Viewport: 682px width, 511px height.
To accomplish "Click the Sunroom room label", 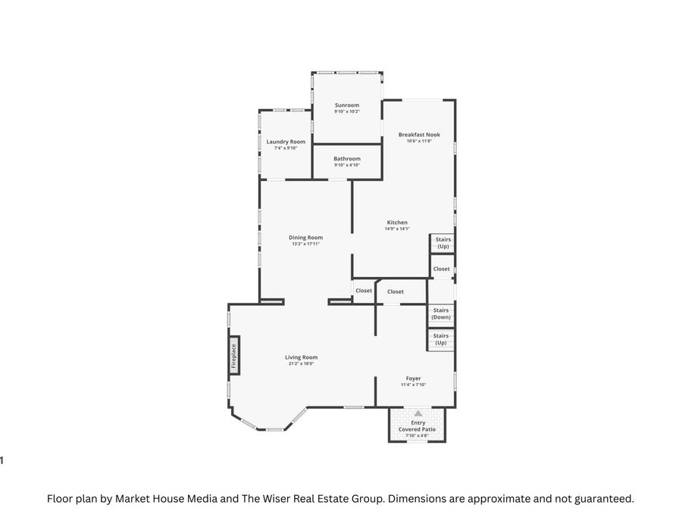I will coord(347,105).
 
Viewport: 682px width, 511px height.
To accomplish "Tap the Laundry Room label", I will coord(286,142).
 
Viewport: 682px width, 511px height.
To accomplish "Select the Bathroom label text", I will coord(347,159).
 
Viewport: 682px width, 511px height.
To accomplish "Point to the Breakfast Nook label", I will coord(419,135).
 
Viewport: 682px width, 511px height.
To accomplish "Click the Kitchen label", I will coord(397,223).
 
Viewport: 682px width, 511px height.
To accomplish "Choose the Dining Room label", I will coord(305,238).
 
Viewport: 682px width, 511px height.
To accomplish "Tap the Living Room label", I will coord(301,357).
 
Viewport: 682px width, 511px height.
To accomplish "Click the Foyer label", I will coord(413,379).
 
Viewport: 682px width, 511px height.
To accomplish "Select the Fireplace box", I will coord(234,354).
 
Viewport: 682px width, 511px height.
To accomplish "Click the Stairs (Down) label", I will coord(440,313).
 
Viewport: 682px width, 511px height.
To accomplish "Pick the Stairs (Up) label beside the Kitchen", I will coord(443,243).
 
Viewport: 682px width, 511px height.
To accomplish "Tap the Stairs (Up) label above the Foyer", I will coord(440,338).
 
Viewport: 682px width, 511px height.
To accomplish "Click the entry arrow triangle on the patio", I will coord(418,413).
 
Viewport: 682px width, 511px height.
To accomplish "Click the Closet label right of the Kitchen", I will coord(441,269).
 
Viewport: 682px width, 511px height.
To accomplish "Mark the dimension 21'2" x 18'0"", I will coord(301,364).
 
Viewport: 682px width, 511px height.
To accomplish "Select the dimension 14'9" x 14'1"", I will coord(397,229).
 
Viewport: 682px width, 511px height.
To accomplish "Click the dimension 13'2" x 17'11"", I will coord(305,244).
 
